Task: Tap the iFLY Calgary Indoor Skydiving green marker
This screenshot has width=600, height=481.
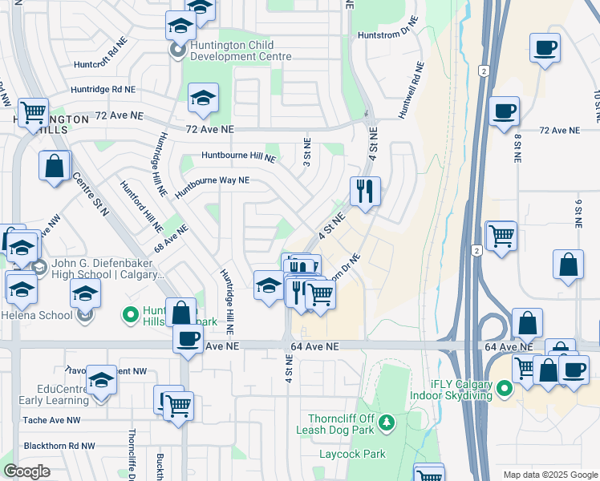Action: click(504, 390)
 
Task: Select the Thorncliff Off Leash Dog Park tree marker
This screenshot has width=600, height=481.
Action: click(387, 422)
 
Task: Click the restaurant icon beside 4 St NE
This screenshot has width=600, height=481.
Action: click(365, 192)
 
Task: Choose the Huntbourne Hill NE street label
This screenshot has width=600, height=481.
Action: click(238, 157)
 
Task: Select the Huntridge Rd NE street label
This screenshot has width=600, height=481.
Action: click(103, 90)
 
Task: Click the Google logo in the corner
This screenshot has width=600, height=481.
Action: click(27, 471)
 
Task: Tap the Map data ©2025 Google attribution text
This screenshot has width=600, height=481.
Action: click(549, 474)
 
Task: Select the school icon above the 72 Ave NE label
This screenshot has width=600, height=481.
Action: click(204, 99)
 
